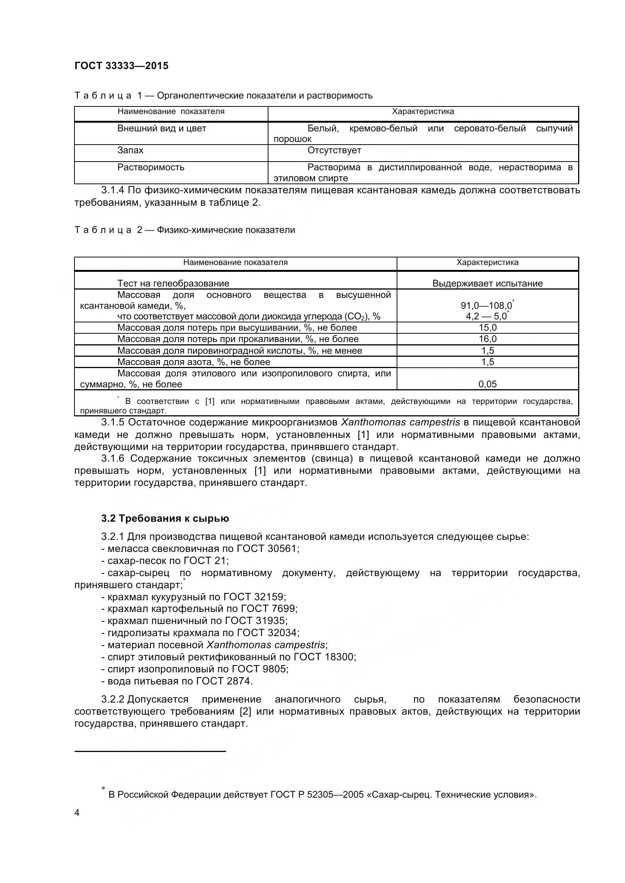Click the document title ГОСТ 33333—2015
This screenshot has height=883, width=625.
[121, 66]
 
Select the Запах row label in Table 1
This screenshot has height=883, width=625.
[130, 150]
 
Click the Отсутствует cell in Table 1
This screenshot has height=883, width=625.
[334, 150]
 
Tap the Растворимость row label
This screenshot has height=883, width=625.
[150, 167]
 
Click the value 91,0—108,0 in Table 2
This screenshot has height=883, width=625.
[486, 306]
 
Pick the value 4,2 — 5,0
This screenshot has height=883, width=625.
[486, 317]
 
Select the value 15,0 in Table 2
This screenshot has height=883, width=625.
[487, 328]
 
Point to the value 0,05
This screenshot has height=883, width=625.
[487, 384]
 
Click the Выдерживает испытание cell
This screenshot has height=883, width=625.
[487, 284]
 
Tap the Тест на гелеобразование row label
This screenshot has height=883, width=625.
[173, 284]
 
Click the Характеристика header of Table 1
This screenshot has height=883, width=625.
[423, 111]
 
